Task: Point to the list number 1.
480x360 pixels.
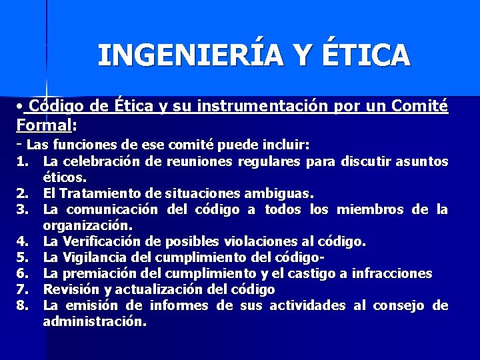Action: pos(21,161)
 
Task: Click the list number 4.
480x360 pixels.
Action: pos(21,241)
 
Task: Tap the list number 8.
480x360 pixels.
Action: pos(21,305)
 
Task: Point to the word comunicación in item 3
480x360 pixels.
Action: pos(107,209)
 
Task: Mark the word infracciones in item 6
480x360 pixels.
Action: pos(393,273)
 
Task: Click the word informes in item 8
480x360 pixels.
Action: pos(179,305)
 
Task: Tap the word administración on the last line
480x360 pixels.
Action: pos(95,321)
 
